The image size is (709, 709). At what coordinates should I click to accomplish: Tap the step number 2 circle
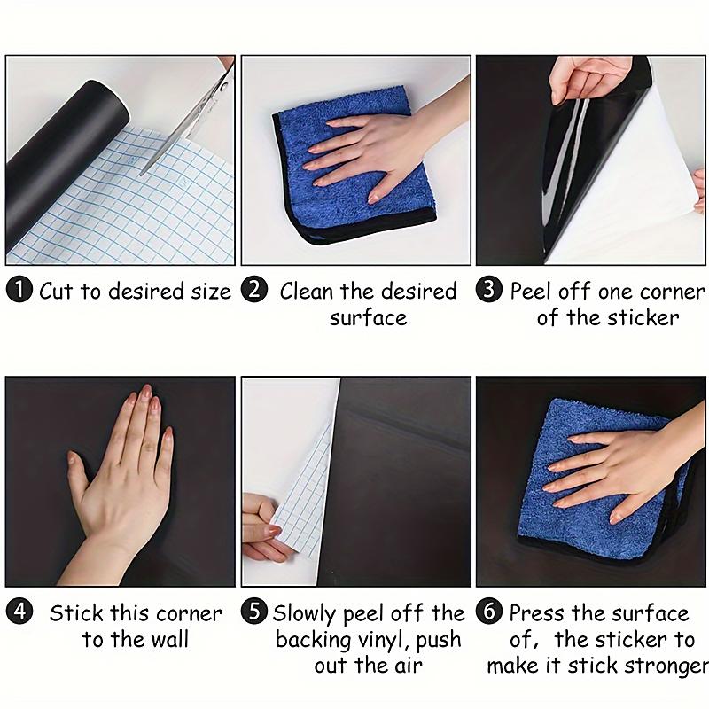pos(255,291)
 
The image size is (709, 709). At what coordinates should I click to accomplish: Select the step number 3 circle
pos(490,291)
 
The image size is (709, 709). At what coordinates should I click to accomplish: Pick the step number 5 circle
pos(255,613)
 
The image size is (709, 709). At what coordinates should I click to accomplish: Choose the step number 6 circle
pos(490,613)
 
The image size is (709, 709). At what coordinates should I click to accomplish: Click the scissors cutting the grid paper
pos(191,124)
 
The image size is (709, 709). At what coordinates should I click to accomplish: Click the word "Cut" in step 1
pos(57,291)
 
